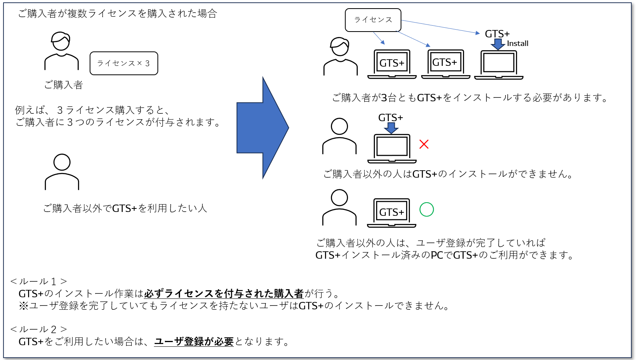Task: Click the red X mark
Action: pyautogui.click(x=424, y=144)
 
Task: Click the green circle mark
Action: pyautogui.click(x=427, y=210)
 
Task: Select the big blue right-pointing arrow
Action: pyautogui.click(x=262, y=128)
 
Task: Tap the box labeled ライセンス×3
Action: pyautogui.click(x=124, y=63)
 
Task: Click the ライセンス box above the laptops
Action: pyautogui.click(x=373, y=20)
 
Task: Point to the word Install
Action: pyautogui.click(x=518, y=44)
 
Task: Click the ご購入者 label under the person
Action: pyautogui.click(x=64, y=85)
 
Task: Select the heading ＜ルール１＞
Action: pyautogui.click(x=39, y=281)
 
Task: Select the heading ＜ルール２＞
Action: pyautogui.click(x=39, y=330)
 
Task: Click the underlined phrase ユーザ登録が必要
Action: pyautogui.click(x=194, y=342)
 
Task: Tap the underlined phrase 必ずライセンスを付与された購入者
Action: pyautogui.click(x=224, y=293)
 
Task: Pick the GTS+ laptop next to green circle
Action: pyautogui.click(x=392, y=213)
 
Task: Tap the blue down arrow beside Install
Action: pyautogui.click(x=498, y=44)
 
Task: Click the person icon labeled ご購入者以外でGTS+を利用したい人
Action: pyautogui.click(x=62, y=172)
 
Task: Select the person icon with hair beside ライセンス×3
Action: pyautogui.click(x=62, y=51)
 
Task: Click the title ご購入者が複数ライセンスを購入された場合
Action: pyautogui.click(x=117, y=14)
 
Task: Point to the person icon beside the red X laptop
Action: pyautogui.click(x=339, y=136)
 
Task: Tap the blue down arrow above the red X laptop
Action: pyautogui.click(x=391, y=128)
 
